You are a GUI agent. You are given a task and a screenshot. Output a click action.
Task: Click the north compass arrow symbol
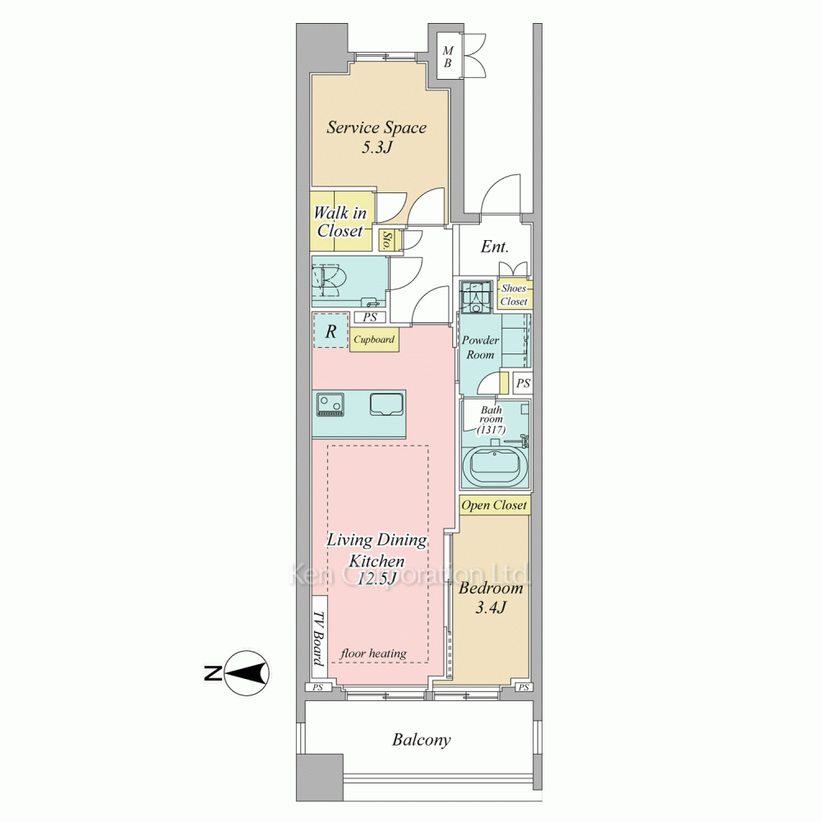point(247,672)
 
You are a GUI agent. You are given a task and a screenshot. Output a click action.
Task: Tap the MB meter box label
point(447,58)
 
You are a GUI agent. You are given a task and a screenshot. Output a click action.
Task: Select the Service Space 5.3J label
point(376,136)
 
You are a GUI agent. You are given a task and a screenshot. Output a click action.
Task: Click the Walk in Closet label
point(339,222)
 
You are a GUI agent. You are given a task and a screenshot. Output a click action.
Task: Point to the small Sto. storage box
point(390,240)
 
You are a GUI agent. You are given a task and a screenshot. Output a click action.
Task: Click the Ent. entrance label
point(494,247)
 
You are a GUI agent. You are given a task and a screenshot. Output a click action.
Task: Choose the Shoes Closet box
point(515,294)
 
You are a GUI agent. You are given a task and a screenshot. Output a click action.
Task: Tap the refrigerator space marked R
point(330,330)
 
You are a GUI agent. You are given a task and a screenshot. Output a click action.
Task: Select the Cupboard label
point(373,339)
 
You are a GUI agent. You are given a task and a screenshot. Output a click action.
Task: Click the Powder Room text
point(480,347)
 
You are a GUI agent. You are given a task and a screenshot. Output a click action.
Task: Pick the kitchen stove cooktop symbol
point(330,405)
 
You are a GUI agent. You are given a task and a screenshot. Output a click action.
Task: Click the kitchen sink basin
point(386,404)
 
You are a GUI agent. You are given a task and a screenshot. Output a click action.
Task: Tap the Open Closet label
point(494,506)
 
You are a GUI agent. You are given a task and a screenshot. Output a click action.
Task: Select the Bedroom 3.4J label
point(491,598)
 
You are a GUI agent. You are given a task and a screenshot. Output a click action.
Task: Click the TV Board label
point(317,638)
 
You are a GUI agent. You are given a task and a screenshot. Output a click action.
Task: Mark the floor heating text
point(373,653)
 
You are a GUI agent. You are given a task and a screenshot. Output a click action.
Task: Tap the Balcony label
point(421,741)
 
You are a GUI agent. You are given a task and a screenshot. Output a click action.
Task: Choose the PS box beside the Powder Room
point(523,383)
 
